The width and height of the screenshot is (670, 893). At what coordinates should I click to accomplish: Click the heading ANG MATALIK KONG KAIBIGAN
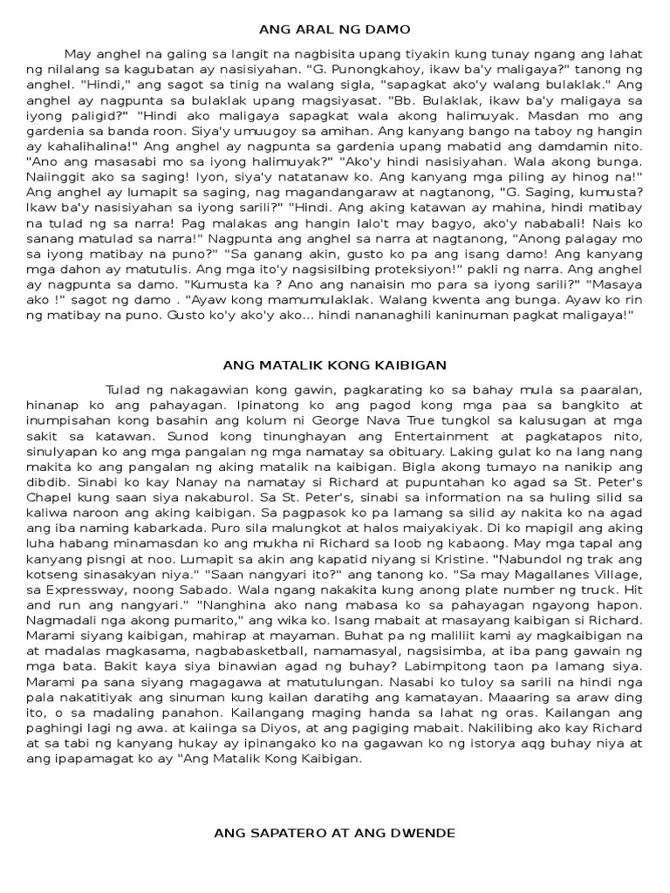click(x=335, y=364)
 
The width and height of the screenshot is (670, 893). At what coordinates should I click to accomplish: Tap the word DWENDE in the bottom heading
click(x=425, y=833)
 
